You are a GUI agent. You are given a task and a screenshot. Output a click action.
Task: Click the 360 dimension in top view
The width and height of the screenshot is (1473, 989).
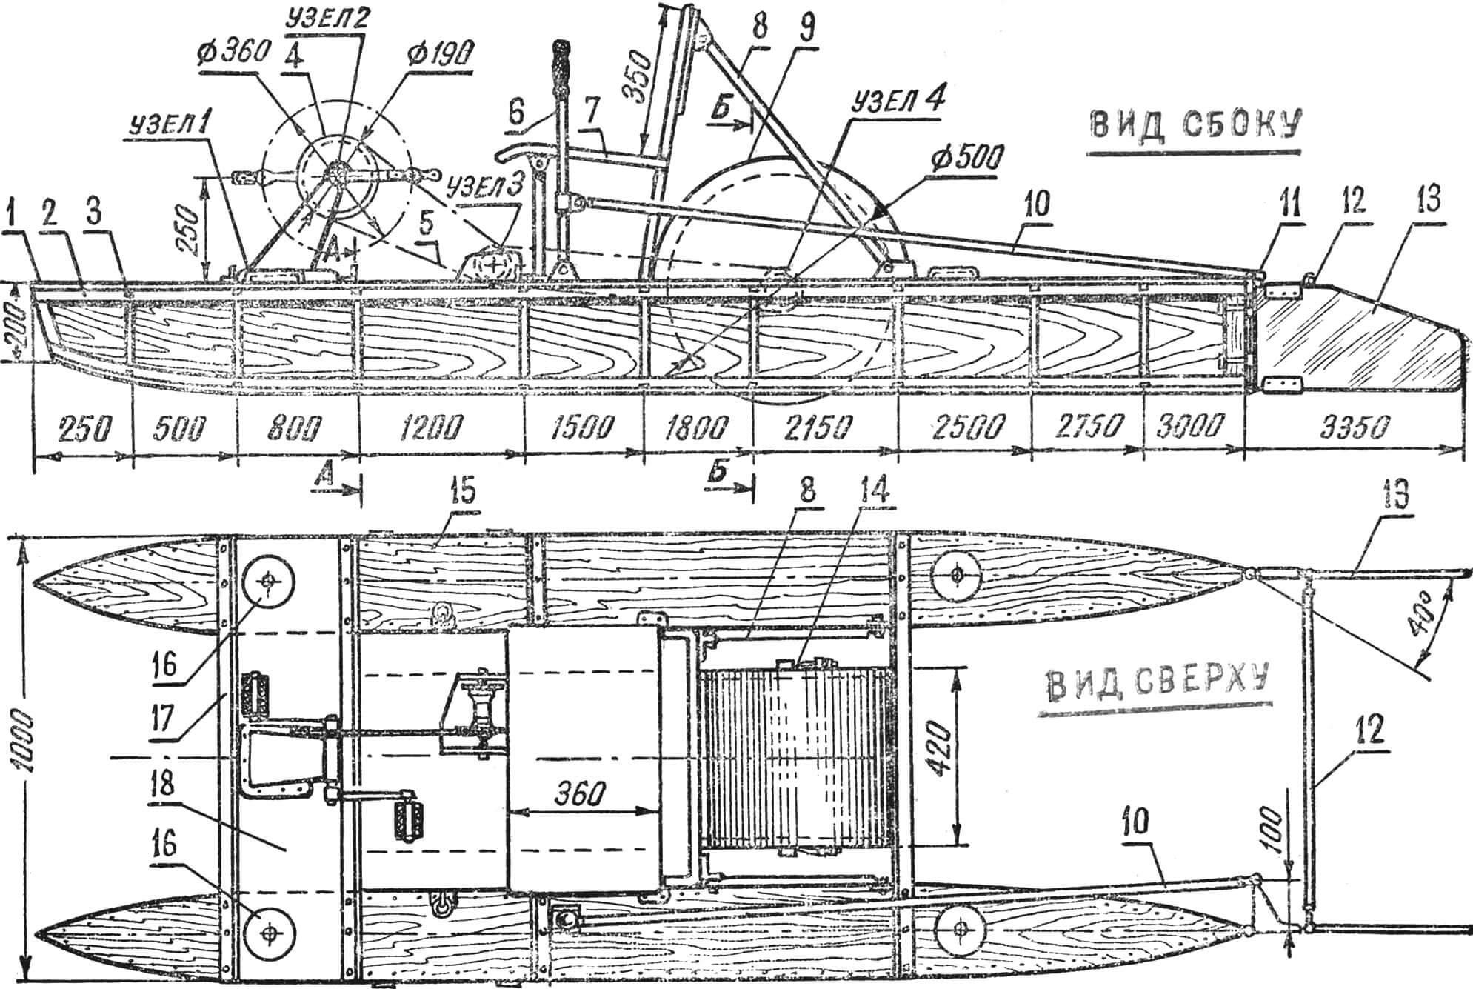pos(579,793)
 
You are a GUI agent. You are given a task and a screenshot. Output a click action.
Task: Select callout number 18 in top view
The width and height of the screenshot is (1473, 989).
pos(169,787)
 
